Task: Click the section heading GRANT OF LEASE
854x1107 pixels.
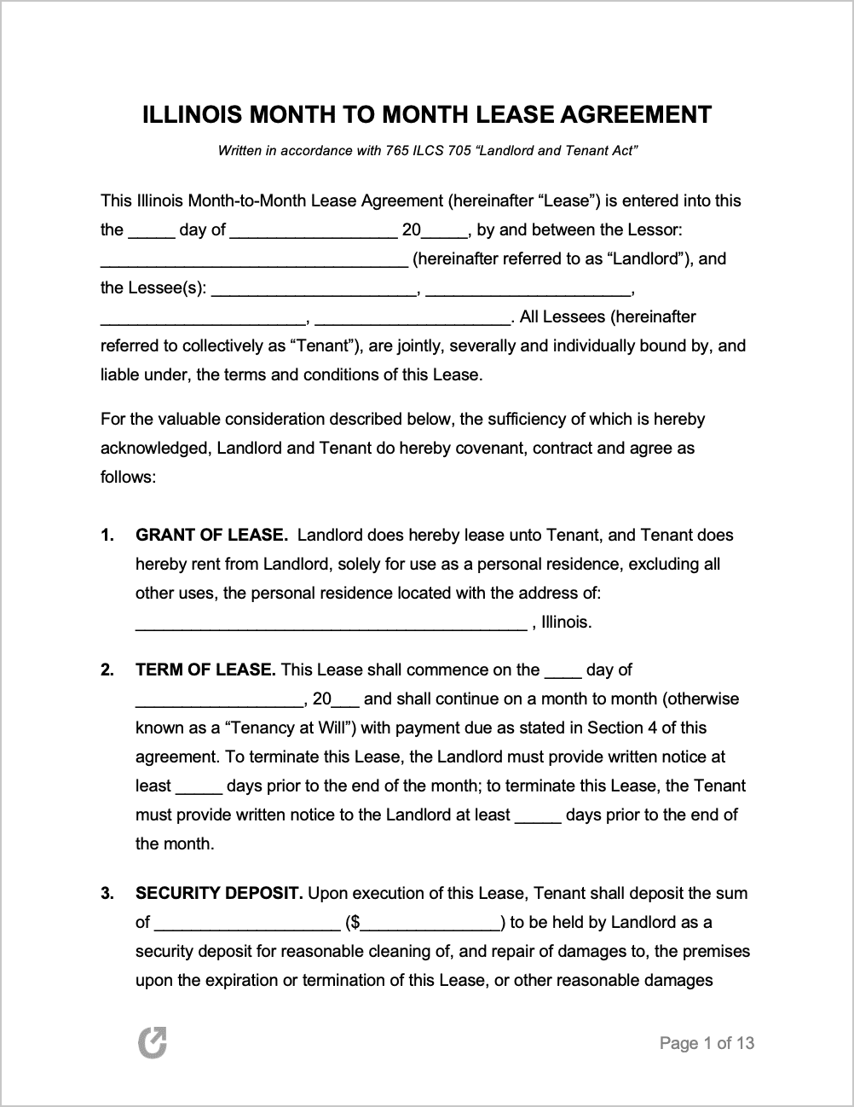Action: (x=211, y=536)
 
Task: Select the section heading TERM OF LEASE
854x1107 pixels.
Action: (x=205, y=670)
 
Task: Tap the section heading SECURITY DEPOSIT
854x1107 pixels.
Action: (x=219, y=894)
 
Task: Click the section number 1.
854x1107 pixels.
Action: (x=107, y=536)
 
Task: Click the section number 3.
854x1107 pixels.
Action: (x=107, y=894)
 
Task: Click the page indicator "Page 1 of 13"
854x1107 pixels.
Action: (x=707, y=1043)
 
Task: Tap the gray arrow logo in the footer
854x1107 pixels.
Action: (x=153, y=1043)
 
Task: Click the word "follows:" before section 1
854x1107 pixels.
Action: (x=128, y=478)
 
